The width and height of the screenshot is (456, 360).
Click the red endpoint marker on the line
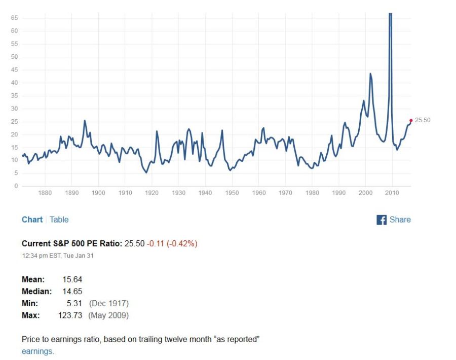click(x=410, y=121)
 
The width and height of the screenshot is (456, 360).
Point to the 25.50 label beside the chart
click(x=423, y=120)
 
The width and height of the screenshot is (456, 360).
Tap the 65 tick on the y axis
click(x=14, y=18)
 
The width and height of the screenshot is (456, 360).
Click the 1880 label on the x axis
click(x=45, y=193)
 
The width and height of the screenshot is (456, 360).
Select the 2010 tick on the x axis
click(x=392, y=193)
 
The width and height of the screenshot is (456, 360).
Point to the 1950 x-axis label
click(x=232, y=193)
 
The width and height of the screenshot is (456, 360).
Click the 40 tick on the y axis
click(x=14, y=83)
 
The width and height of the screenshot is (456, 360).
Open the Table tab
click(x=59, y=220)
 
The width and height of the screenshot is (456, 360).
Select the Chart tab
click(x=32, y=220)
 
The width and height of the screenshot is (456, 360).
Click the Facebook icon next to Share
click(x=382, y=220)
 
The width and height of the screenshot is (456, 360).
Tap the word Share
click(x=400, y=220)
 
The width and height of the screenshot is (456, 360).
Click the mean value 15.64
click(x=72, y=279)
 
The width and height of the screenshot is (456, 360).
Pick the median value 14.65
click(x=72, y=292)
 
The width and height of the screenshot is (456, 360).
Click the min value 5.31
click(x=74, y=303)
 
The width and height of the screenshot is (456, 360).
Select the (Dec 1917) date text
click(x=108, y=303)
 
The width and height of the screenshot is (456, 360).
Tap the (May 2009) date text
click(x=108, y=315)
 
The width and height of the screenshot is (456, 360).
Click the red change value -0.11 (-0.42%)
click(x=172, y=244)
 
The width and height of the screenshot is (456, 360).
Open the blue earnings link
click(x=37, y=351)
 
